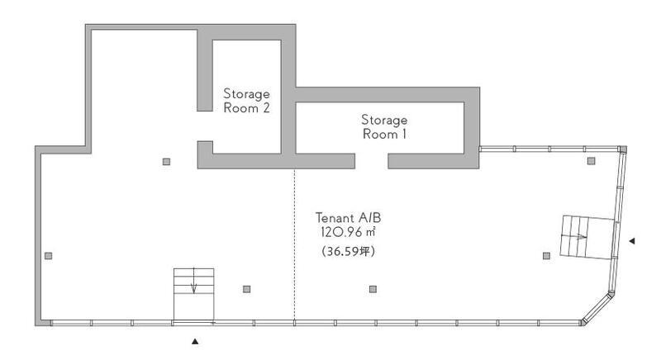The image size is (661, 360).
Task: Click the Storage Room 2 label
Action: click(x=246, y=101)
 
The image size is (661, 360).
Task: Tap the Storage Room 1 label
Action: click(x=384, y=126)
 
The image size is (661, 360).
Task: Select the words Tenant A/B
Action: click(x=348, y=218)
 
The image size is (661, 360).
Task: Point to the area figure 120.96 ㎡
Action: click(x=348, y=232)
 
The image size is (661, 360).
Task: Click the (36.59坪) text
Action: click(x=348, y=251)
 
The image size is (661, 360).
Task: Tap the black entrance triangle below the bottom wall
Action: click(x=195, y=342)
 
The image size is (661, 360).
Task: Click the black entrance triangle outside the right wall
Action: click(x=632, y=241)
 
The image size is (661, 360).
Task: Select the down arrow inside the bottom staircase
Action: click(x=193, y=281)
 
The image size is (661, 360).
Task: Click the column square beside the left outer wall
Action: click(x=49, y=256)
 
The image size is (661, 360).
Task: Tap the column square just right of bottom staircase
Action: click(x=246, y=289)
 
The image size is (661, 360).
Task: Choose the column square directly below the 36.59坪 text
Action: click(x=373, y=289)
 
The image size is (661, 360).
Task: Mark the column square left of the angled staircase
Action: click(x=546, y=256)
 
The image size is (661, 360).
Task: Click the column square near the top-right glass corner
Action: click(x=592, y=161)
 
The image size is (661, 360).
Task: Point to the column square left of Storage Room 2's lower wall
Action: click(x=167, y=162)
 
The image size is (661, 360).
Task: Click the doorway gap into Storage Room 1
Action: click(x=371, y=161)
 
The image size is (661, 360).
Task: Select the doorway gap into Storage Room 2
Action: click(x=205, y=126)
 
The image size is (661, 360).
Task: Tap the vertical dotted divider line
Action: click(x=294, y=244)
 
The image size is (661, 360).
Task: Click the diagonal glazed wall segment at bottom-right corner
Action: click(x=597, y=309)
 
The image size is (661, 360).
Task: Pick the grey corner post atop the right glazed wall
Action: click(x=623, y=149)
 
